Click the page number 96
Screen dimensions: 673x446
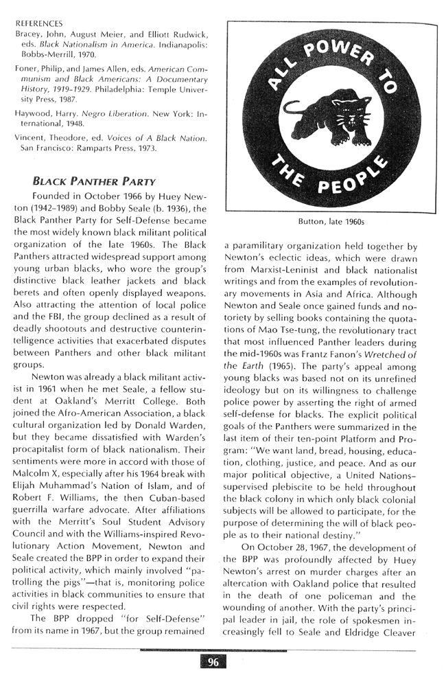213,661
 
